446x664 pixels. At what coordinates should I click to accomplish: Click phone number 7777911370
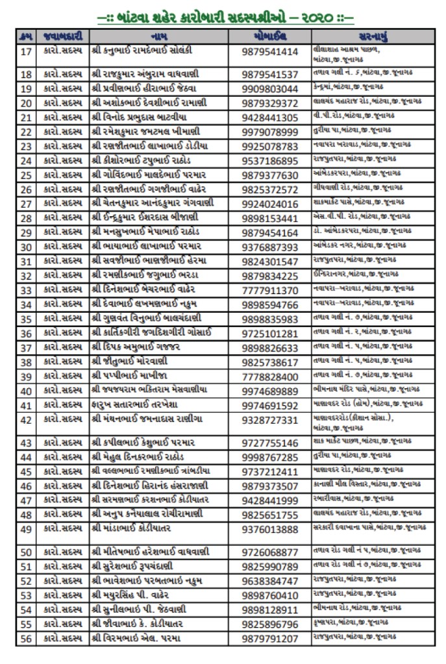[270, 289]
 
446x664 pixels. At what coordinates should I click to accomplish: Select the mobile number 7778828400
[270, 377]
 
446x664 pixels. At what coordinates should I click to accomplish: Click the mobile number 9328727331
[270, 420]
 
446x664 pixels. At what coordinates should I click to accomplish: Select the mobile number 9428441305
[270, 117]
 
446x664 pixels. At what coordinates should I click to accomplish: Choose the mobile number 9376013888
[270, 529]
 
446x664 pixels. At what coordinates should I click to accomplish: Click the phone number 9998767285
[270, 457]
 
